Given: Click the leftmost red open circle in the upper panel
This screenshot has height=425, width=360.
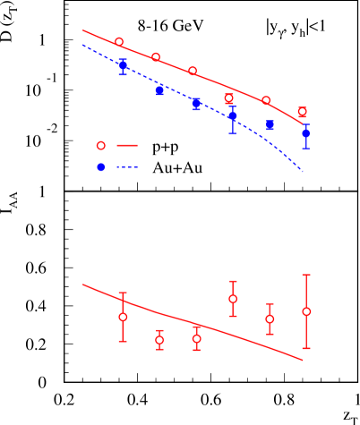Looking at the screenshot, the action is [x=119, y=42].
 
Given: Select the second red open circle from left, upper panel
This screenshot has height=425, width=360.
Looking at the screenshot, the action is [x=156, y=57].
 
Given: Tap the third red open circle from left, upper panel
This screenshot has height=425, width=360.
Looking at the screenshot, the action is [x=193, y=71].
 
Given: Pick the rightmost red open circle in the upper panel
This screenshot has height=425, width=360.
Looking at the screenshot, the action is [x=303, y=112].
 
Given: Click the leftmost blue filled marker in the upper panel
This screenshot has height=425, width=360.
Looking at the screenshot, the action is [x=123, y=64].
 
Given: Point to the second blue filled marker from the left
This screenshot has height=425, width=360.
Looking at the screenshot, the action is [x=159, y=90].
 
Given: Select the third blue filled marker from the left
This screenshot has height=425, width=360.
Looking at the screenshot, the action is [x=196, y=104].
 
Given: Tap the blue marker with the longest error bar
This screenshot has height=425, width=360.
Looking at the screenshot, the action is [x=233, y=115].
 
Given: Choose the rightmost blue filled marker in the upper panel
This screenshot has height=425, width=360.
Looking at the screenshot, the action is [x=305, y=133].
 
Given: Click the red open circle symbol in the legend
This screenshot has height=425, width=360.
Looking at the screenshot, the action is [x=100, y=145].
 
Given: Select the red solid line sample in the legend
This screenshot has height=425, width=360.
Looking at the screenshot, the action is [x=126, y=145].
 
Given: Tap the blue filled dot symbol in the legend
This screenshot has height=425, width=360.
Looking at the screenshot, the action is [x=100, y=167].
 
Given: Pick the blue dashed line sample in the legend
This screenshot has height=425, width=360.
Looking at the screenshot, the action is [x=126, y=167].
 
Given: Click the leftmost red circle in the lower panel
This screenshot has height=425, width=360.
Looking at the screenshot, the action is [x=123, y=317].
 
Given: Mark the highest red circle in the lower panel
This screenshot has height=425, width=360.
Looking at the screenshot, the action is [x=233, y=299].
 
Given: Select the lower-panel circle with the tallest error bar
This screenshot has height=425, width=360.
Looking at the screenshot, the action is [x=306, y=311].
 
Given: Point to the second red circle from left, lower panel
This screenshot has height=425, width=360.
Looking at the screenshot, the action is [x=159, y=340].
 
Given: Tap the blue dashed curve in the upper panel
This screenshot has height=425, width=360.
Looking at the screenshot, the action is [x=269, y=134].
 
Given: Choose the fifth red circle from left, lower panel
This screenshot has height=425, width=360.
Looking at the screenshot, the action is [x=270, y=319].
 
